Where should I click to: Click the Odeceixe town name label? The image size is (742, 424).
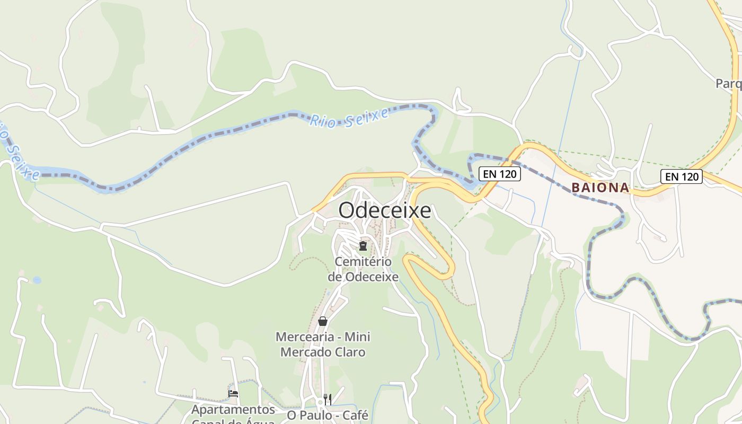385,210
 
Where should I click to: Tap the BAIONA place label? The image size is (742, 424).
600,188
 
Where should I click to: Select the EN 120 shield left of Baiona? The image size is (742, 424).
499,174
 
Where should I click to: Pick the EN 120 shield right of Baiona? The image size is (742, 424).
682,176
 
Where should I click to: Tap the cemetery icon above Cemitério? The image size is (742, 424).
363,245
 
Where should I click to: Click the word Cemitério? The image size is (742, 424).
363,262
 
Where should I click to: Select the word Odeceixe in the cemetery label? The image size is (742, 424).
372,277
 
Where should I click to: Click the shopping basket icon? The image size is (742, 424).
322,321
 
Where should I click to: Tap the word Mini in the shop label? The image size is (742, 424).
357,337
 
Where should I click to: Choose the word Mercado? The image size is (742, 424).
304,352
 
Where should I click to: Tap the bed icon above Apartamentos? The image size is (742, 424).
233,394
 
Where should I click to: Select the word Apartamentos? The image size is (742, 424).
233,410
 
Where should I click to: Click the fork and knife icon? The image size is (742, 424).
328,399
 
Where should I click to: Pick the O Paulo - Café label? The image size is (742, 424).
328,415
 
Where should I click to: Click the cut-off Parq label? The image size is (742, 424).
729,84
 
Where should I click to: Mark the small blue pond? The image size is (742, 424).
37,280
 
